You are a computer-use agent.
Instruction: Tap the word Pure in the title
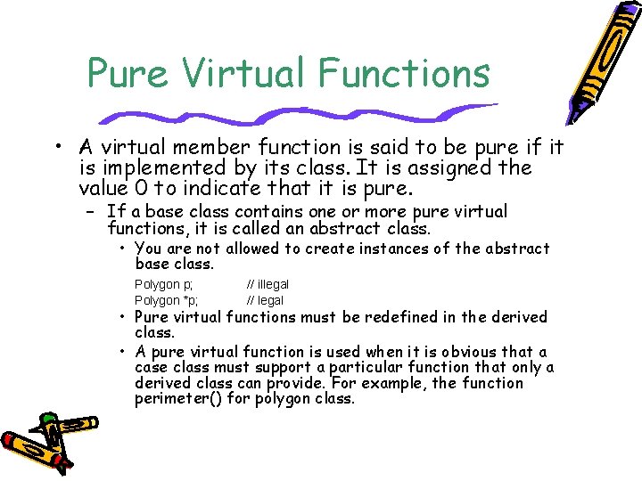[124, 72]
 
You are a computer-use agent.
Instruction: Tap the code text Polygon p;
[163, 284]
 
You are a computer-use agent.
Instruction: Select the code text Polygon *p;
[167, 300]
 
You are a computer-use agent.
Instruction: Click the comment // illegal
[267, 284]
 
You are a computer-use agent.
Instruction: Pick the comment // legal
[265, 300]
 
